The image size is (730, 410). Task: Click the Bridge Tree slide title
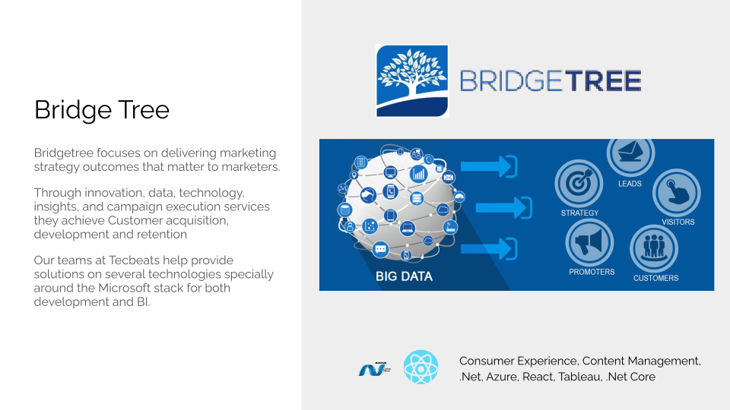click(x=101, y=110)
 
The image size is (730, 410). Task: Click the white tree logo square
click(x=412, y=81)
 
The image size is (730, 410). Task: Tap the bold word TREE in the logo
click(x=603, y=81)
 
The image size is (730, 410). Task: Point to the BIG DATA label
click(x=404, y=276)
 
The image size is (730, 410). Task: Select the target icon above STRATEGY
click(x=579, y=183)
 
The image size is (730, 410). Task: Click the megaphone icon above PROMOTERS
click(x=589, y=243)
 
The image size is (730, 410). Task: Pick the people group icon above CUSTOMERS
click(x=654, y=248)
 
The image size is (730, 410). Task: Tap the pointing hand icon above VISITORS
click(x=677, y=192)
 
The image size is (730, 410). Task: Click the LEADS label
click(x=630, y=184)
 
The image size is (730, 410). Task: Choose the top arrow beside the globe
click(x=489, y=166)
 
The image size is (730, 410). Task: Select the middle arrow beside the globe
click(x=503, y=207)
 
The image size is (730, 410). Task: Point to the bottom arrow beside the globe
click(x=489, y=249)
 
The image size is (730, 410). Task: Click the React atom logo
click(x=421, y=367)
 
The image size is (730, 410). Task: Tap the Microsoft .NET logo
click(x=374, y=369)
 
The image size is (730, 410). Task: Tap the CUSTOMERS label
click(x=655, y=278)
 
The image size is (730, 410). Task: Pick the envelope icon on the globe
click(x=449, y=177)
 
